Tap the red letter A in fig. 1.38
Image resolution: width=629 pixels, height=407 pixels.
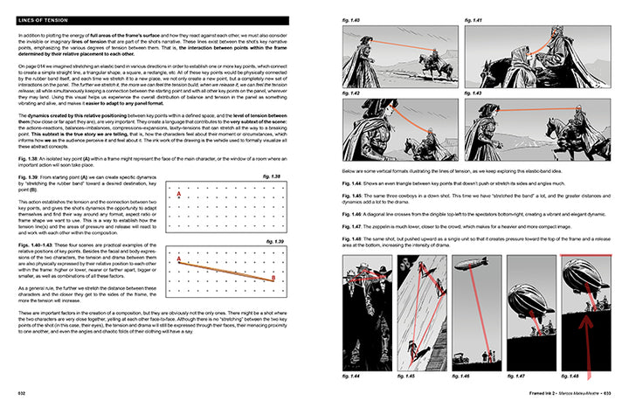179,194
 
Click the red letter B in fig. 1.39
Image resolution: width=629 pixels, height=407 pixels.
273,279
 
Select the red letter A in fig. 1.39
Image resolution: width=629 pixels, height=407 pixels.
179,259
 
